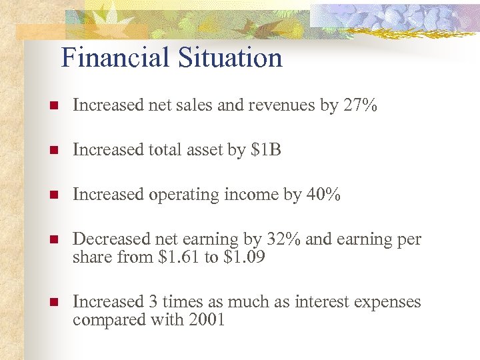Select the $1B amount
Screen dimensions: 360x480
tap(266, 150)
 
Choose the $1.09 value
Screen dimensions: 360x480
tap(244, 257)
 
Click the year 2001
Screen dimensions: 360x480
tap(207, 319)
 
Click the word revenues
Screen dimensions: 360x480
tap(285, 105)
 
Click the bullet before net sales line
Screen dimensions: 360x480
tap(53, 105)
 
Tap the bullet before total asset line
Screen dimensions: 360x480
tap(53, 151)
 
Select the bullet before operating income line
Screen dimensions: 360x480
tap(53, 195)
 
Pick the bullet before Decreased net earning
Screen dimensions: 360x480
tap(53, 240)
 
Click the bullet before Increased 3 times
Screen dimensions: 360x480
tap(53, 303)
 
